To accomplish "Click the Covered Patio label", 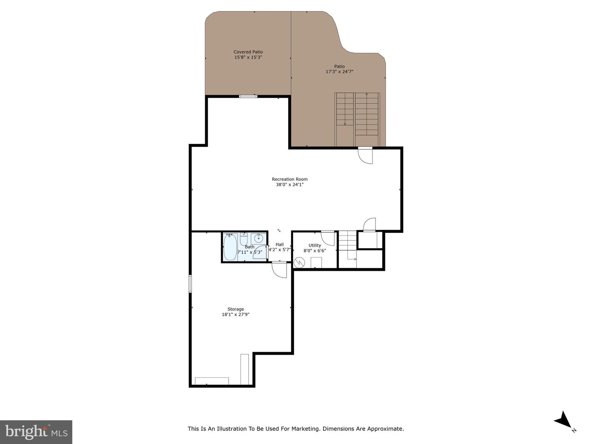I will tap(248, 52).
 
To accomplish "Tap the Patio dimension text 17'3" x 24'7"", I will tap(339, 72).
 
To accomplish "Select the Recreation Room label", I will tap(289, 179).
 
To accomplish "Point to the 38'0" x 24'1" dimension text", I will tap(289, 185).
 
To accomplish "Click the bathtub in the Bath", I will tap(230, 247).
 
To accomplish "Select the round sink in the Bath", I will tap(259, 238).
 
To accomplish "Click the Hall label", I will tap(280, 244).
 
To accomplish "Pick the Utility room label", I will tap(314, 245).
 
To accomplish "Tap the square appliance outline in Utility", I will tap(316, 262).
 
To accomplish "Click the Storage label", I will tap(236, 309).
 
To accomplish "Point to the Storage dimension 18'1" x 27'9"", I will tap(236, 315).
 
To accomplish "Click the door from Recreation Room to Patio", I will tap(365, 155).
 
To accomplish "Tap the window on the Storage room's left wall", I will tap(190, 284).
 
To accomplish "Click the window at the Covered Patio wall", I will tap(248, 96).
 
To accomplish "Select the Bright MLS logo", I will tap(36, 432).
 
